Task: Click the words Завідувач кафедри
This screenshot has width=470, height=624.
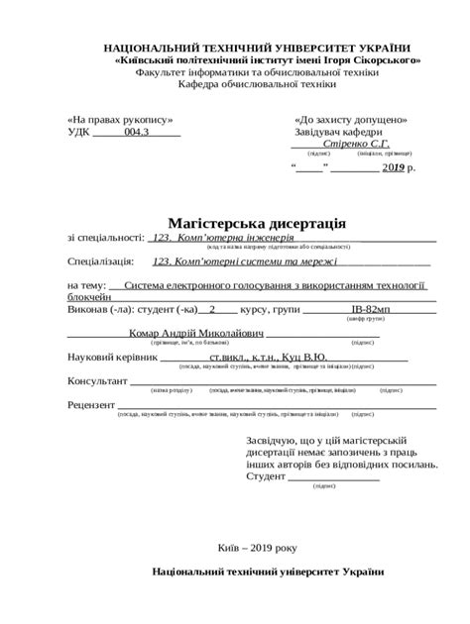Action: click(x=339, y=132)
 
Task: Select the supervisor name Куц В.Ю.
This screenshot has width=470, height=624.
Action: click(x=304, y=357)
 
